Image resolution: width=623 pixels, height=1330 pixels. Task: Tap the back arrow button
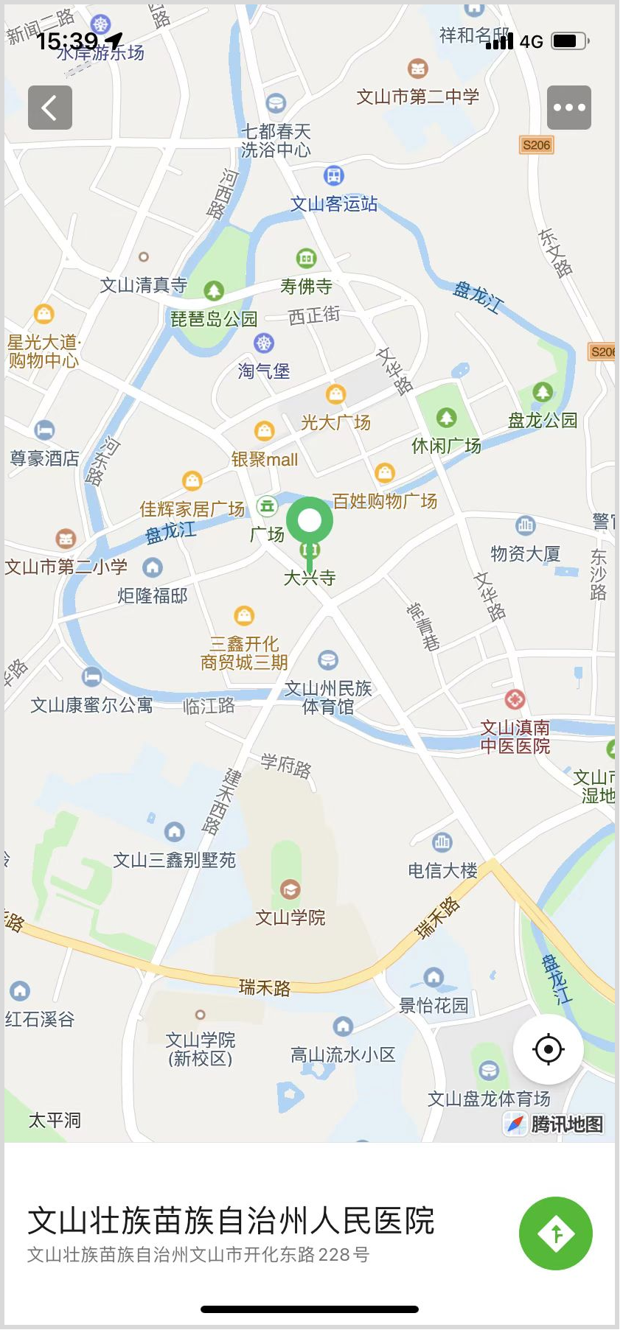tap(50, 108)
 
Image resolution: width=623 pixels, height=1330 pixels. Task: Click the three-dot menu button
tap(568, 108)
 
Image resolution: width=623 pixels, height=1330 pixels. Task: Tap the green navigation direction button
tap(555, 1233)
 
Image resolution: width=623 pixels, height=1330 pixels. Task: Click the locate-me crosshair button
tap(548, 1049)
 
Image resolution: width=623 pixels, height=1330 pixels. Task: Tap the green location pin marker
tap(310, 522)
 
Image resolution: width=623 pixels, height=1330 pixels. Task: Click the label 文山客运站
tap(334, 204)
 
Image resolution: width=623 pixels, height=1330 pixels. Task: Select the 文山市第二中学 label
tap(418, 97)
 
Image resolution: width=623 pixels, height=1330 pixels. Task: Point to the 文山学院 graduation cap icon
tap(290, 889)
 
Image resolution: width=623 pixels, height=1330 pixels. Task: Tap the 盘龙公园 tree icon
tap(543, 392)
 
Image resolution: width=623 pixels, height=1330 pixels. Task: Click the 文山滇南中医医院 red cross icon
tap(515, 699)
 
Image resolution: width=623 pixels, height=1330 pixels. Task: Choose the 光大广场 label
tap(335, 422)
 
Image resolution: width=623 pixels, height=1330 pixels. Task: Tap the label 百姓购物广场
tap(385, 502)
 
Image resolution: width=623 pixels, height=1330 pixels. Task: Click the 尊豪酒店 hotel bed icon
tap(44, 430)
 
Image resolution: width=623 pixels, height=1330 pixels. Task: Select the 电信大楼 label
tap(442, 871)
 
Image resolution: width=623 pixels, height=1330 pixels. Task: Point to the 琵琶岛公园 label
tap(214, 319)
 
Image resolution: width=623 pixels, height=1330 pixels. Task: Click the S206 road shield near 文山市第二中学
tap(536, 145)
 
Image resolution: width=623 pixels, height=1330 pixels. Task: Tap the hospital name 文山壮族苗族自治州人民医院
tap(231, 1221)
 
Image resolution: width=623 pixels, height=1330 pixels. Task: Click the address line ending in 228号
tap(198, 1254)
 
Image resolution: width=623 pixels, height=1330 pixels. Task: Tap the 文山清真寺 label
tap(144, 285)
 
